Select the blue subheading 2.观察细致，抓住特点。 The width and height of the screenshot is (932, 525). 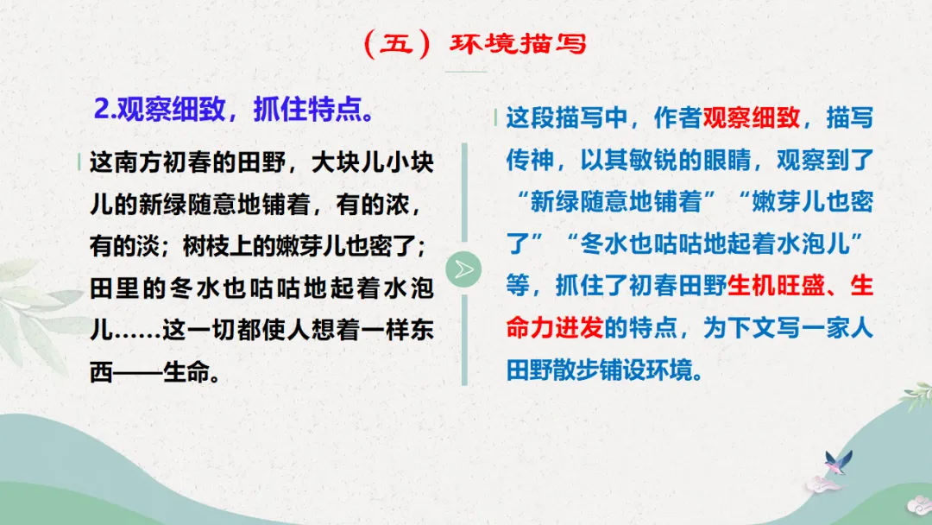click(x=233, y=111)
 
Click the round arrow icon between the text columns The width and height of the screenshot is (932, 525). click(x=465, y=269)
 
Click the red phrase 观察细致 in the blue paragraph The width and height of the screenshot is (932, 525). click(x=752, y=118)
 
